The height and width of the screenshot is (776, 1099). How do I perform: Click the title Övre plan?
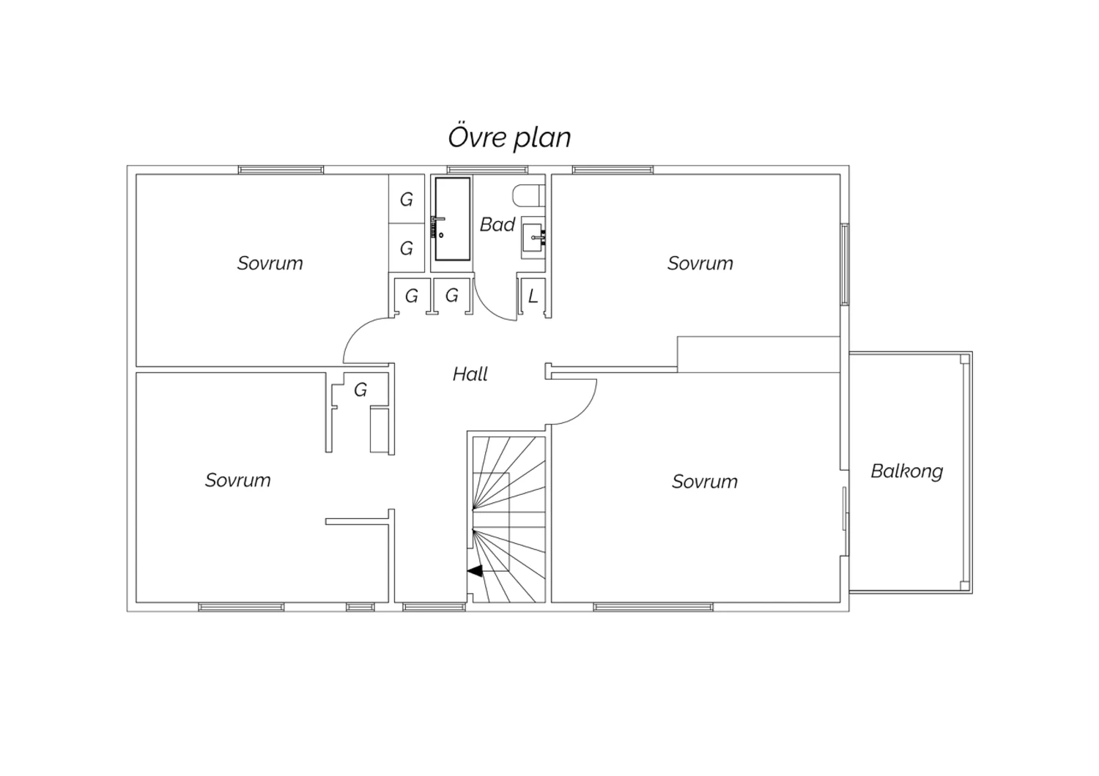(509, 138)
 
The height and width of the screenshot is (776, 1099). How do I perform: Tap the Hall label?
(470, 375)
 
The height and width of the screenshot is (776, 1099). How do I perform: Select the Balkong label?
(907, 471)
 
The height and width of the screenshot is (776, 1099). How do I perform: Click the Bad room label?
(497, 225)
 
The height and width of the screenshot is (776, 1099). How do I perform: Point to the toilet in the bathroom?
(529, 195)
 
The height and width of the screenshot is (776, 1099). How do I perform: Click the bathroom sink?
(534, 237)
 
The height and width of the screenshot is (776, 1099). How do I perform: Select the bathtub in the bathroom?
(452, 219)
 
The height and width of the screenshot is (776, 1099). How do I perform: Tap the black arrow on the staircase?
(475, 571)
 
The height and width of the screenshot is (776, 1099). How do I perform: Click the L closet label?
(533, 296)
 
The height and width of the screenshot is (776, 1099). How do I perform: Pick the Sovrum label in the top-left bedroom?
(270, 264)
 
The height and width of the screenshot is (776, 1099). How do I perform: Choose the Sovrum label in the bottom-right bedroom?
(705, 482)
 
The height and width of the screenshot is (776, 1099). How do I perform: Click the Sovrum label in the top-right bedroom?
(700, 264)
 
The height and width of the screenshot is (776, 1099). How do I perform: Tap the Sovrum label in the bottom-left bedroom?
(237, 480)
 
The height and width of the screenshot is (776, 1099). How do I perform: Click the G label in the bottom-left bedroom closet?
(360, 390)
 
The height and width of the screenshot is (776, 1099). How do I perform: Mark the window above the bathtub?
(487, 170)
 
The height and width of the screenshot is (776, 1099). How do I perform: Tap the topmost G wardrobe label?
(406, 200)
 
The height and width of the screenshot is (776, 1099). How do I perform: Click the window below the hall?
(434, 608)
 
